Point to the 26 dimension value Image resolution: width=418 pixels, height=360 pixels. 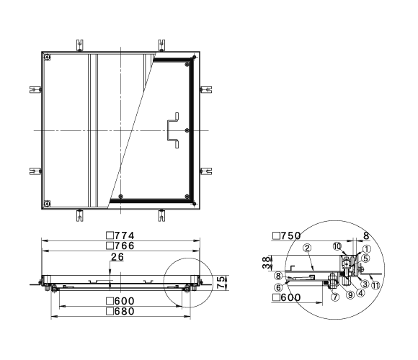[x=117, y=257]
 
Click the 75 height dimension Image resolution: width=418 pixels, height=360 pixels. [x=221, y=282]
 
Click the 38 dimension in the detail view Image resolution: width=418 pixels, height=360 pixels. [x=267, y=263]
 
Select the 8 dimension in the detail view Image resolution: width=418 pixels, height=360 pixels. [x=367, y=235]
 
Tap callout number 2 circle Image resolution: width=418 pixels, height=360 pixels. [x=307, y=248]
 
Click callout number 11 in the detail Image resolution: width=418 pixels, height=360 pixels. [x=376, y=285]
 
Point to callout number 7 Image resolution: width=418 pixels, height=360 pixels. [x=335, y=297]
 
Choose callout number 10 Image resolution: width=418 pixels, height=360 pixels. [x=337, y=246]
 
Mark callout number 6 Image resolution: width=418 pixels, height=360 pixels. [x=279, y=287]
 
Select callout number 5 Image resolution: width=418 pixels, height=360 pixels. [x=365, y=258]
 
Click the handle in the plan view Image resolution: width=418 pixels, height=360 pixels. [x=173, y=130]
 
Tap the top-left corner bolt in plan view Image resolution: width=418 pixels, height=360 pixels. [x=47, y=57]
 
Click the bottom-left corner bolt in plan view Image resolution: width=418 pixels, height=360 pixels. [x=47, y=204]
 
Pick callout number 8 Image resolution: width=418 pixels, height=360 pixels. [x=278, y=276]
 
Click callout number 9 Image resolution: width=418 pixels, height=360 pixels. [x=350, y=294]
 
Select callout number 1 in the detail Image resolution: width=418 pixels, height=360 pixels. [x=367, y=249]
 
